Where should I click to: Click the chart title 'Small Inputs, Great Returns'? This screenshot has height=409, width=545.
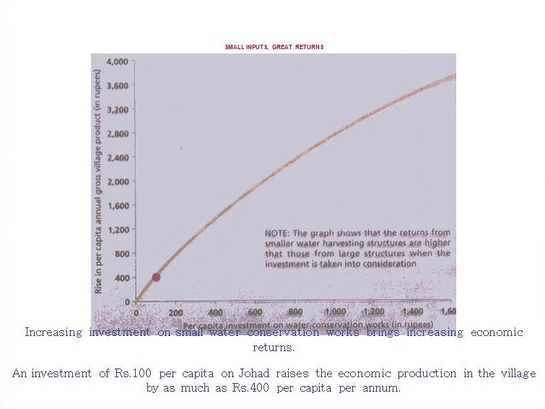(273, 47)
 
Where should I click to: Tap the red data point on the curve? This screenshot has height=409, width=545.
(156, 277)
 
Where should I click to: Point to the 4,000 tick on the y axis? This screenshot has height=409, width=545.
(116, 62)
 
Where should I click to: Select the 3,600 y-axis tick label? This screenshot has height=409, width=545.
(116, 86)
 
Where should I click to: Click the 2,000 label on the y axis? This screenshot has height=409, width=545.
(116, 181)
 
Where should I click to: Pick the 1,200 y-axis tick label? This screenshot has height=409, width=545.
(116, 230)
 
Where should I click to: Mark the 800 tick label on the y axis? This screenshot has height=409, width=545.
(121, 254)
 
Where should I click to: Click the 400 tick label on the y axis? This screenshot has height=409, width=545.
(121, 277)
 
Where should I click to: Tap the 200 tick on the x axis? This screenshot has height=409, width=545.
(175, 312)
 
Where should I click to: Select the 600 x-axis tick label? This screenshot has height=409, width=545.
(255, 312)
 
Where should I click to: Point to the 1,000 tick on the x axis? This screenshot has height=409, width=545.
(334, 312)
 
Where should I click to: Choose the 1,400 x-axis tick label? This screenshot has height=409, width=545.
(413, 312)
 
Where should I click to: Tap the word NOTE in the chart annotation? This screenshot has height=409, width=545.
(279, 233)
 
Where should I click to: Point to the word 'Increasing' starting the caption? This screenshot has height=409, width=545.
(54, 332)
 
